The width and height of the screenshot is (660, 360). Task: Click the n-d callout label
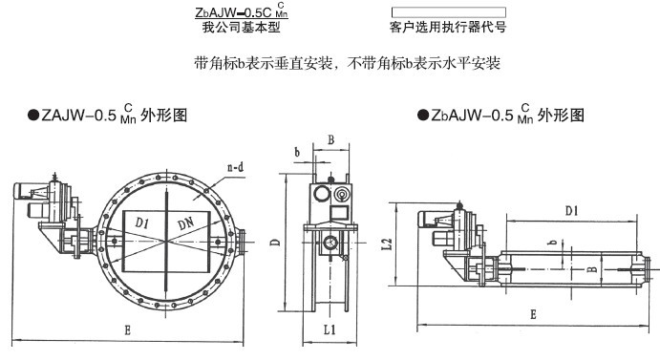point(235,167)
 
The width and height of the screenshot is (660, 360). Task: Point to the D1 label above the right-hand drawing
point(571,210)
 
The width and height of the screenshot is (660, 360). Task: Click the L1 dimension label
point(330,329)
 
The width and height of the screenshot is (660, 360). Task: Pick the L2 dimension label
point(387,244)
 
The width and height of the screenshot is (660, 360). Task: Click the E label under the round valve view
point(128,330)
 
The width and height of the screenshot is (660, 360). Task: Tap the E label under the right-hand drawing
point(533,314)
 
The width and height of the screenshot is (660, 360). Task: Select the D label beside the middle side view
point(275,243)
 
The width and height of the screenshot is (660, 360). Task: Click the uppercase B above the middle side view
point(330,139)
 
